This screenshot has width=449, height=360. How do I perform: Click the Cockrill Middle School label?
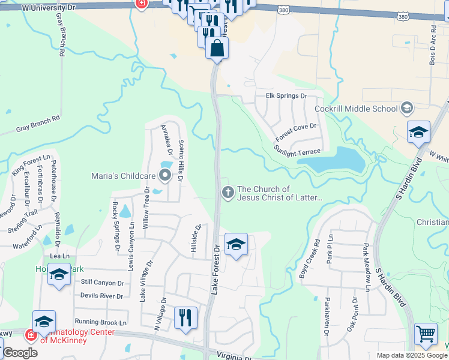(356, 109)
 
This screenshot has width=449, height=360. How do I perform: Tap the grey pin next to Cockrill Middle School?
(408, 109)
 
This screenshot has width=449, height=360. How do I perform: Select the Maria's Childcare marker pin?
(164, 176)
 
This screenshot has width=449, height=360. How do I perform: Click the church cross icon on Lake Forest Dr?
(228, 193)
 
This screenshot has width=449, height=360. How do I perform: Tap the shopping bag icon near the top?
(217, 47)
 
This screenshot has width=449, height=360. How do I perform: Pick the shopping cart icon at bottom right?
(426, 333)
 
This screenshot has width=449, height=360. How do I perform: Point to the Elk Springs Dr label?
(286, 96)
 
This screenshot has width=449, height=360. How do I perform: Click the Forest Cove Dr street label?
(296, 133)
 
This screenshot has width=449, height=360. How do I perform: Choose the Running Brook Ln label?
(100, 322)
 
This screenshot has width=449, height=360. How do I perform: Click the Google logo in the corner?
(20, 353)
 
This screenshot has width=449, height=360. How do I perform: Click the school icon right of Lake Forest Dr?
(236, 244)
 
